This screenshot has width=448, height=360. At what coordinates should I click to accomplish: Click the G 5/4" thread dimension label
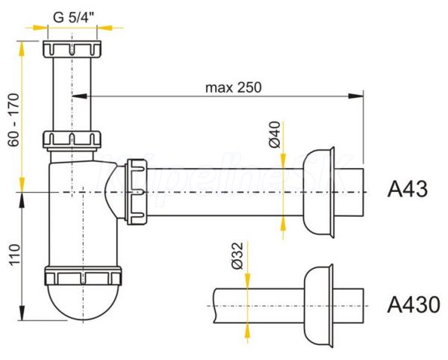pos(73,17)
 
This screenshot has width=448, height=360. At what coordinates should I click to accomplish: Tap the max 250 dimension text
pos(234,87)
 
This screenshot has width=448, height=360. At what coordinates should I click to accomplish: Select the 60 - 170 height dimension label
pos(14,120)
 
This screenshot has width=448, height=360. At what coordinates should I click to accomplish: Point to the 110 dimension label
pos(14,255)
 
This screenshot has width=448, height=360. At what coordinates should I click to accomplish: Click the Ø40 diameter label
pos(275,134)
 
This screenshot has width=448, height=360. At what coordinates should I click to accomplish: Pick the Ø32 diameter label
pos(237,255)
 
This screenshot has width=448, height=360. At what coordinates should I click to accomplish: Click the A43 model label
pos(408,189)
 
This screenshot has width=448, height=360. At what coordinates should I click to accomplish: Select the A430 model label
pos(414,305)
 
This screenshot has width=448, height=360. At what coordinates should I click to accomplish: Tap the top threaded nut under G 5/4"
pos(72,49)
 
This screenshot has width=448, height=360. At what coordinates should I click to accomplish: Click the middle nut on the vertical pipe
pos(72,140)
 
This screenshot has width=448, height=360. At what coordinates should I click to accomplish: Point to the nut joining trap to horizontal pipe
pos(137,192)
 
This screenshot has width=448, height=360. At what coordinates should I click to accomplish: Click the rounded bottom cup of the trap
pos(83,302)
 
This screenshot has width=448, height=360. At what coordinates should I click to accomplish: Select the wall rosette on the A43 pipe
pos(319,192)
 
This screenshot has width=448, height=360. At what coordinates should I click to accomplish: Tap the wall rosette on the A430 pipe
pos(319,305)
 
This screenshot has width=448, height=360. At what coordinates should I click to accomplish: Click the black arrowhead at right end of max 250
pos(356,96)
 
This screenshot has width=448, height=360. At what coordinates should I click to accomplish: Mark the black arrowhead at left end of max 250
pos(79,96)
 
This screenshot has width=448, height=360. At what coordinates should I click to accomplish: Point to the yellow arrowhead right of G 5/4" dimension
pos(104,28)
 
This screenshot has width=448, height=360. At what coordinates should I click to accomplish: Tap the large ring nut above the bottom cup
pos(83,276)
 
